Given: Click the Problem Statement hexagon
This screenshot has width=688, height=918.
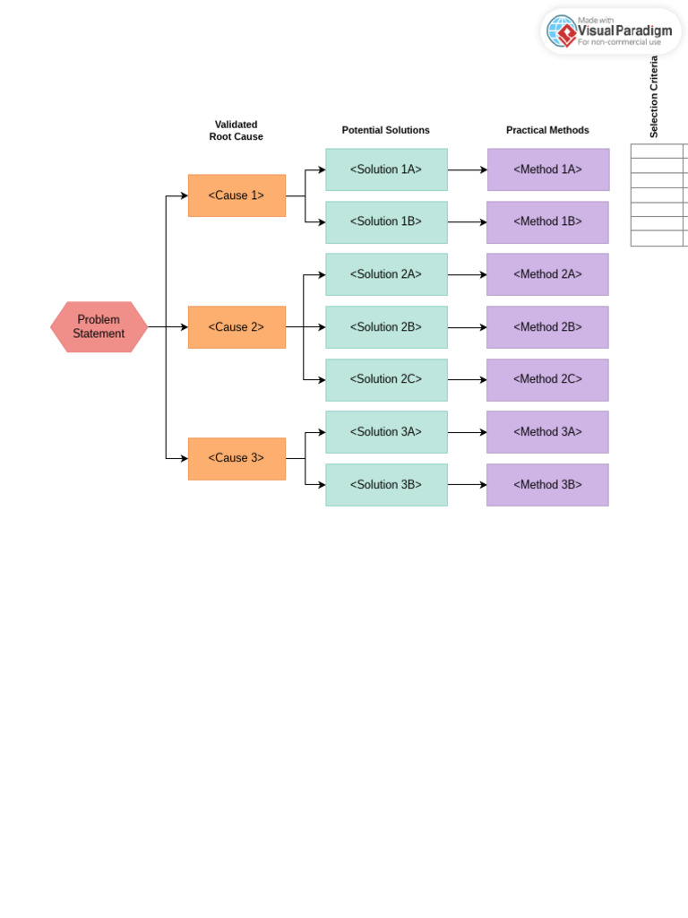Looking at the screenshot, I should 99,327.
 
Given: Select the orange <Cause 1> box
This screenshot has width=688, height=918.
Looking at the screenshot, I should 236,195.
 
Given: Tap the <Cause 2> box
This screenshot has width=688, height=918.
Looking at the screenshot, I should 236,327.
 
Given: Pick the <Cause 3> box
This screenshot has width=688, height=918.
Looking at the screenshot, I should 236,458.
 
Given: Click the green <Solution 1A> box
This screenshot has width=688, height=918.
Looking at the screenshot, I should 386,169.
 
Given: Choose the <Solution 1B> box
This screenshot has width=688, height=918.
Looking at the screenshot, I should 386,222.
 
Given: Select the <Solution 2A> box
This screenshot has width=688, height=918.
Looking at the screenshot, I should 386,274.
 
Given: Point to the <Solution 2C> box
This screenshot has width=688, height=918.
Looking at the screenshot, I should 386,380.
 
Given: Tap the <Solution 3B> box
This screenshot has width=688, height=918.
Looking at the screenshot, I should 386,485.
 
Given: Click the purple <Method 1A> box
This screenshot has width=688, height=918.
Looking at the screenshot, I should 548,169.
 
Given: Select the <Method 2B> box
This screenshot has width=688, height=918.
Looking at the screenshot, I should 547,327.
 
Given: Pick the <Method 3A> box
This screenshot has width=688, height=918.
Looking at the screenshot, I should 547,432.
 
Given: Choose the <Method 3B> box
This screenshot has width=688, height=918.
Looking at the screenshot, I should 547,485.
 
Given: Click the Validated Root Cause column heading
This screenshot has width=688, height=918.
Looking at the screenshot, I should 236,131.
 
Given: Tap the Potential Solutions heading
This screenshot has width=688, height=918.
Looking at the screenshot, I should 386,130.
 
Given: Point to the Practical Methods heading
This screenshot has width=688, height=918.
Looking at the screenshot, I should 547,130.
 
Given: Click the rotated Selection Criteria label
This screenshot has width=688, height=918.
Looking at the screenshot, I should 654,97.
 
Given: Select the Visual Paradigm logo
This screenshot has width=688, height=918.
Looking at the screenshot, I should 610,31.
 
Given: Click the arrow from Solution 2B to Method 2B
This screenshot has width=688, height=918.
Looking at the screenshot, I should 467,328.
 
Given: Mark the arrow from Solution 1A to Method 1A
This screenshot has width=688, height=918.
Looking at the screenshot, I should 467,170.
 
